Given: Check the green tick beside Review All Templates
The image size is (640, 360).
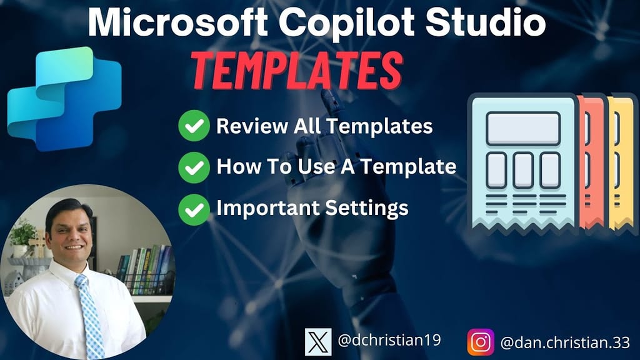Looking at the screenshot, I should point(193,127).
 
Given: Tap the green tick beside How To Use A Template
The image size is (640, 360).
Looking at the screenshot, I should point(193,167).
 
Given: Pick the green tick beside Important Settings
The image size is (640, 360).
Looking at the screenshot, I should point(193,208).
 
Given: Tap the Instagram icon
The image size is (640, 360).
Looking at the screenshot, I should point(481,341).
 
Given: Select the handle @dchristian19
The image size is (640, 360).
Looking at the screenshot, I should point(389,341).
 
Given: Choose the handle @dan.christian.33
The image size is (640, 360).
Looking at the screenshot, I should point(562,342).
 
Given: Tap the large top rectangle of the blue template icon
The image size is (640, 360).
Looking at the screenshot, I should point(523,128).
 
